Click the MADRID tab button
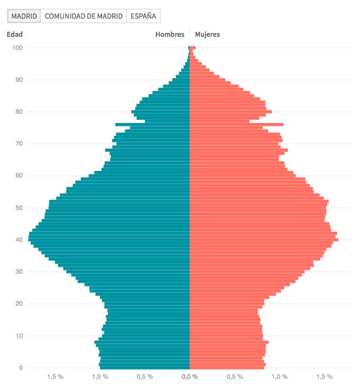pyautogui.click(x=24, y=16)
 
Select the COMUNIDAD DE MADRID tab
pyautogui.click(x=84, y=16)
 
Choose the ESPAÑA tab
pyautogui.click(x=143, y=16)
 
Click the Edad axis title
pyautogui.click(x=14, y=34)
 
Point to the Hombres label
pyautogui.click(x=170, y=34)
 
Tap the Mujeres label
pyautogui.click(x=208, y=34)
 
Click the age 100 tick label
pyautogui.click(x=18, y=48)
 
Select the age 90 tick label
pyautogui.click(x=19, y=80)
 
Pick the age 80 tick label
pyautogui.click(x=19, y=112)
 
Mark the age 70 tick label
pyautogui.click(x=19, y=143)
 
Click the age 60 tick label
pyautogui.click(x=19, y=175)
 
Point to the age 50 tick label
pyautogui.click(x=19, y=208)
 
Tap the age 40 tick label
pyautogui.click(x=19, y=240)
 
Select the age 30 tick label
pyautogui.click(x=19, y=272)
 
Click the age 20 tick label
pyautogui.click(x=19, y=303)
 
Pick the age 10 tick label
pyautogui.click(x=19, y=335)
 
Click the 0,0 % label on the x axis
pyautogui.click(x=190, y=377)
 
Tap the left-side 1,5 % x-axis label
pyautogui.click(x=55, y=377)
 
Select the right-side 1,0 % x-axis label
pyautogui.click(x=279, y=377)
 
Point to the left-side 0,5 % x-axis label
pyautogui.click(x=145, y=377)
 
